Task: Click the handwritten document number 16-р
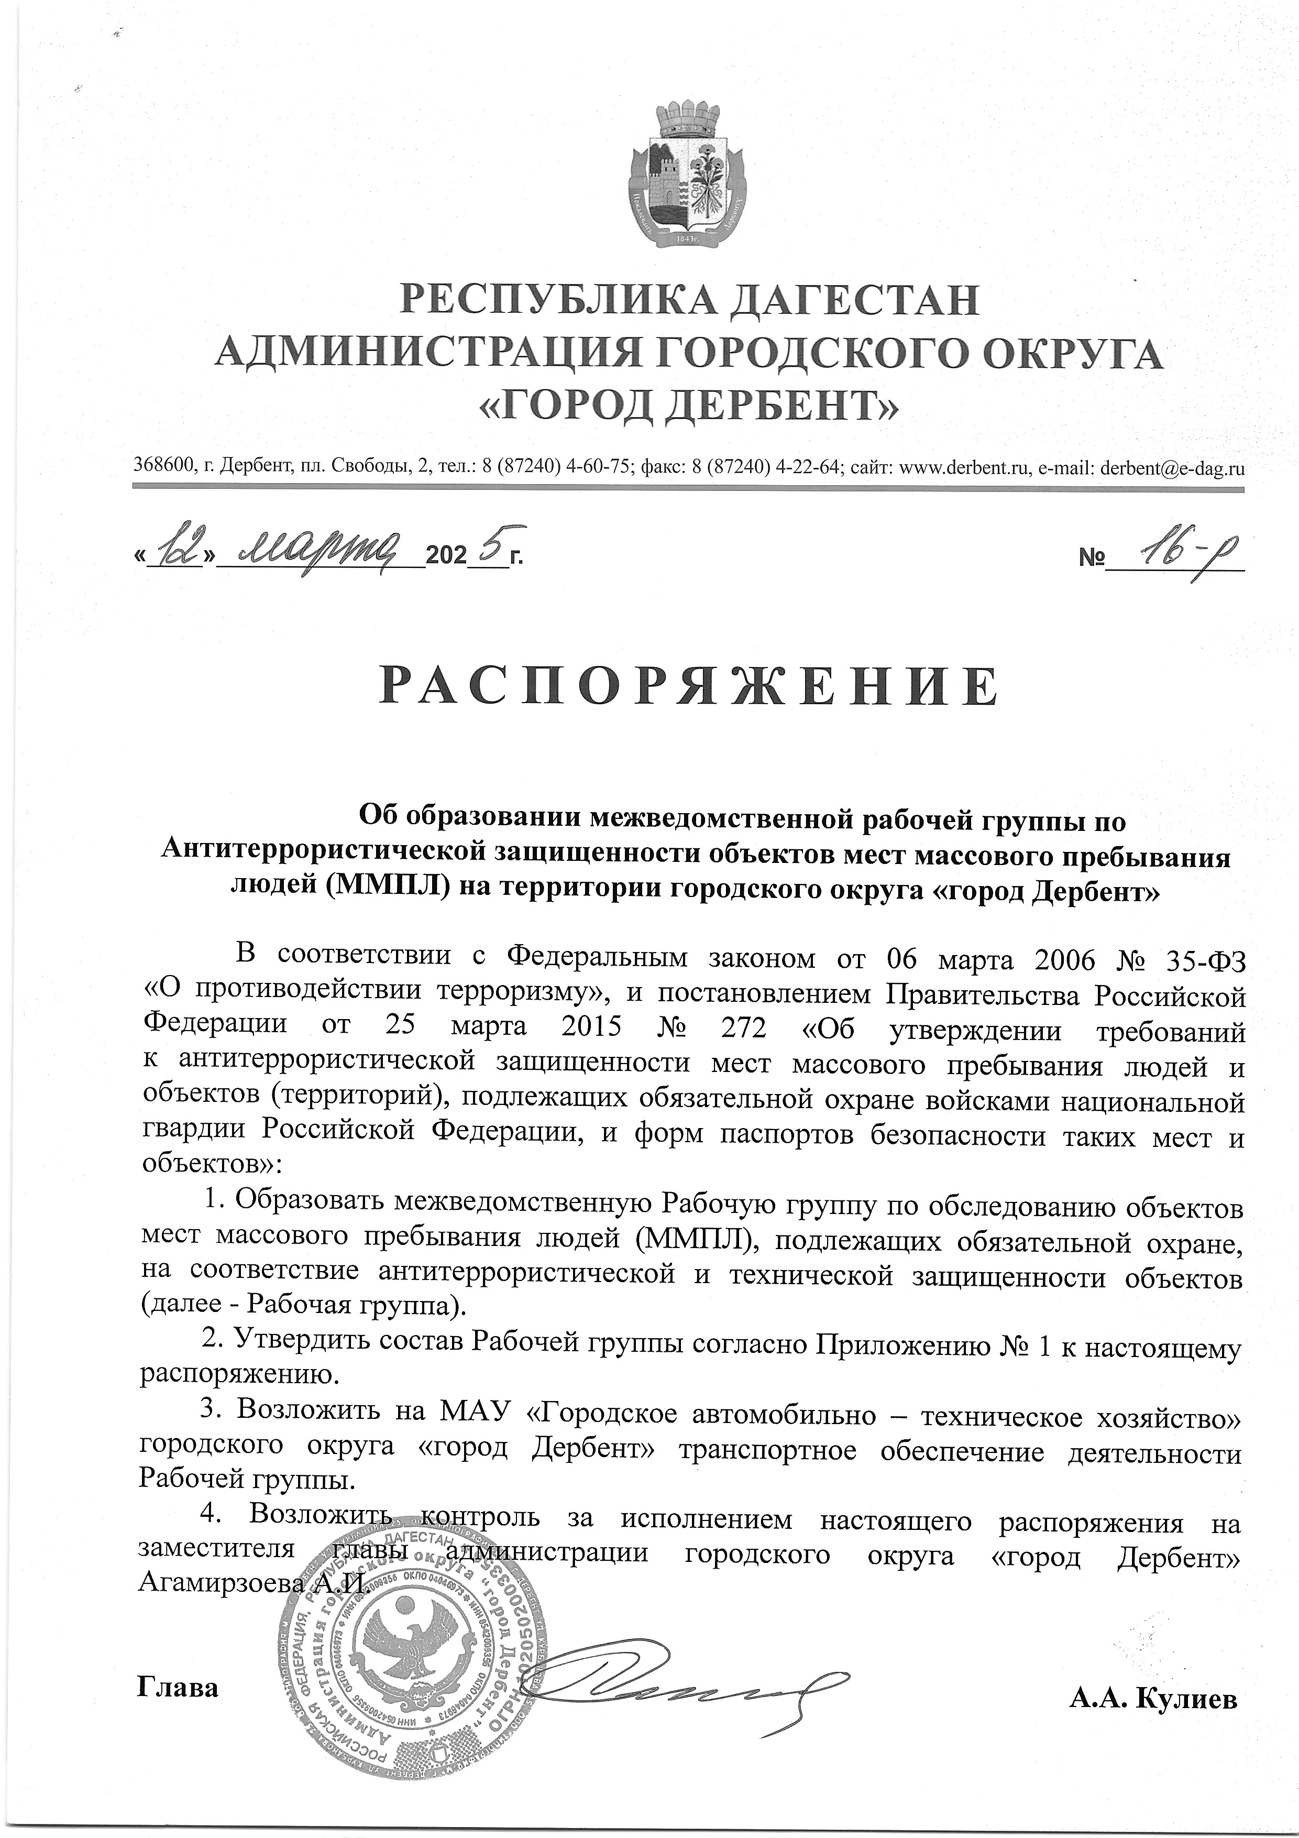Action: coord(1173,552)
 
